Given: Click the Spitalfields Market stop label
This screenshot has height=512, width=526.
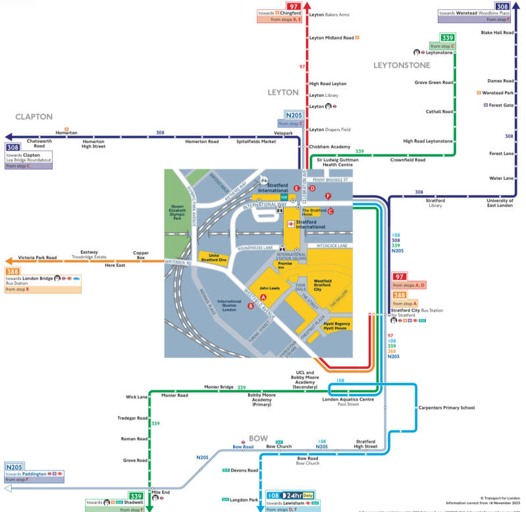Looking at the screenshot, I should point(256,142).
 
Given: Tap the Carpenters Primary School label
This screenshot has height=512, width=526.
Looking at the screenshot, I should point(446,408).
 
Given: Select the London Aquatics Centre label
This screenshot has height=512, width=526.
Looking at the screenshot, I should point(348,399).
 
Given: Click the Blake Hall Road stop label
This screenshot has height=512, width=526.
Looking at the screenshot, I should point(497,32).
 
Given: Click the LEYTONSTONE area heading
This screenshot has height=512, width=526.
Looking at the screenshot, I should point(402,65).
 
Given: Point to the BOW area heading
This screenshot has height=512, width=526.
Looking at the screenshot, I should point(258,438).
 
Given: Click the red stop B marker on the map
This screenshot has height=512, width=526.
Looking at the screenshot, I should point(250,306).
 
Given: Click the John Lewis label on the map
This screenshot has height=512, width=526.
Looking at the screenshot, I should point(270,288).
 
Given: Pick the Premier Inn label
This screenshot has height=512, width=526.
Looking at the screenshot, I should point(284,266).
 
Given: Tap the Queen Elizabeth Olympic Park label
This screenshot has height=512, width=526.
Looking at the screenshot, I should point(177,212).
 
